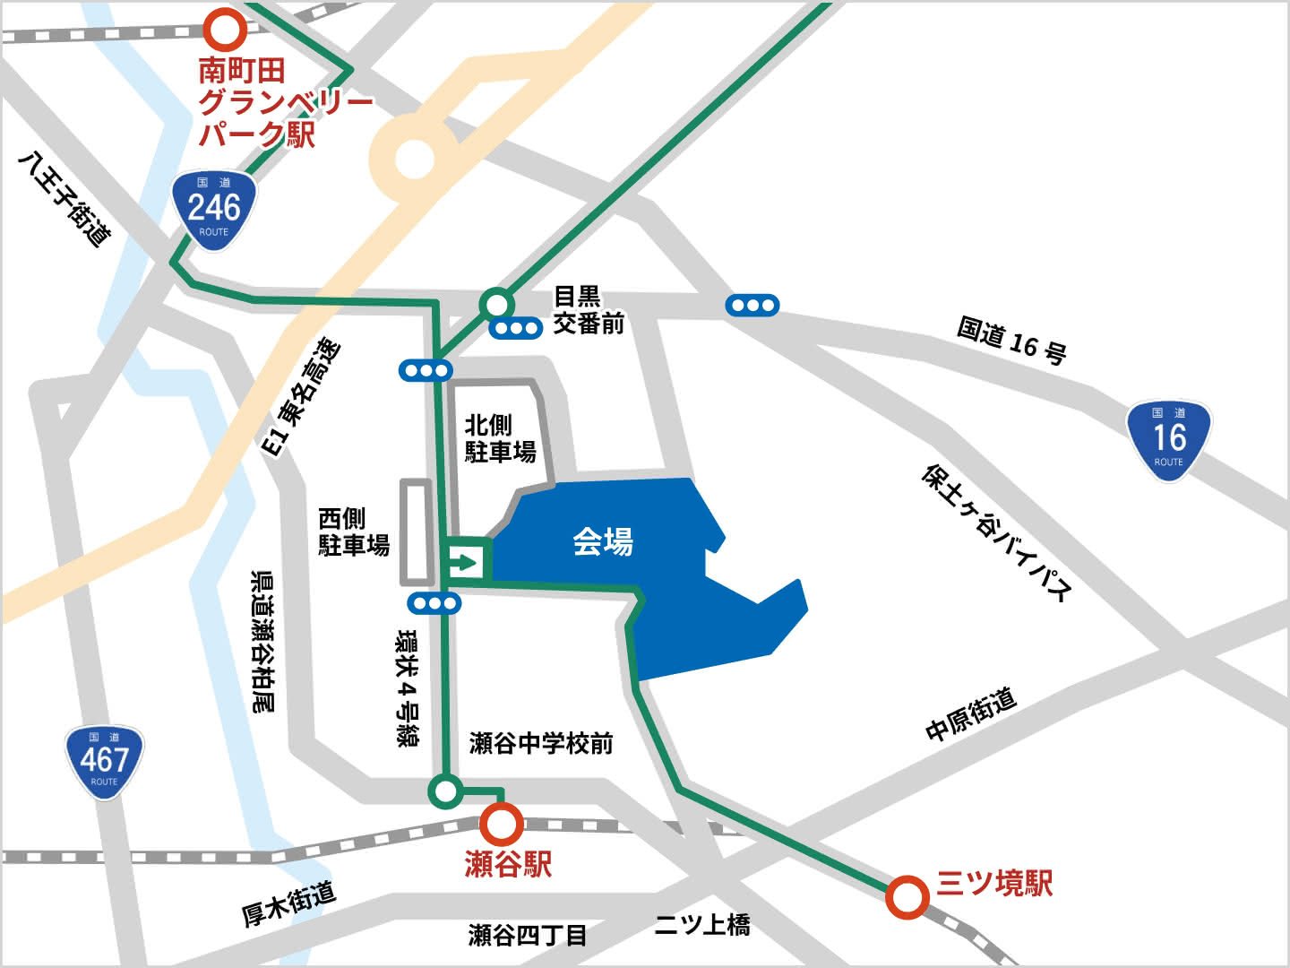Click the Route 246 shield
click(214, 211)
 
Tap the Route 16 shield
click(1168, 440)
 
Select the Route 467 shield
click(104, 763)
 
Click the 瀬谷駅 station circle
click(501, 823)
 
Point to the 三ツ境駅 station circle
click(907, 896)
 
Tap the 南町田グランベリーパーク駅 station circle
click(225, 29)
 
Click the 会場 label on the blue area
click(603, 541)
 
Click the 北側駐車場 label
click(499, 438)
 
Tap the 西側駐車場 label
click(354, 532)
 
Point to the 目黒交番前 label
click(588, 310)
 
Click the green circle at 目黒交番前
click(495, 304)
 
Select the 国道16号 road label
click(1011, 340)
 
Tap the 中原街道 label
click(971, 714)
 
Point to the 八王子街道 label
click(65, 198)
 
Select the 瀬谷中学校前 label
click(541, 743)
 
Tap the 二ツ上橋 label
click(701, 925)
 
